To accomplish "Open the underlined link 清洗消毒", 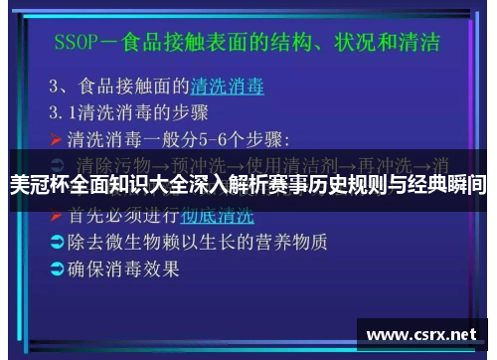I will point(228,87).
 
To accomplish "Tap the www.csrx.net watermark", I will point(426,335).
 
